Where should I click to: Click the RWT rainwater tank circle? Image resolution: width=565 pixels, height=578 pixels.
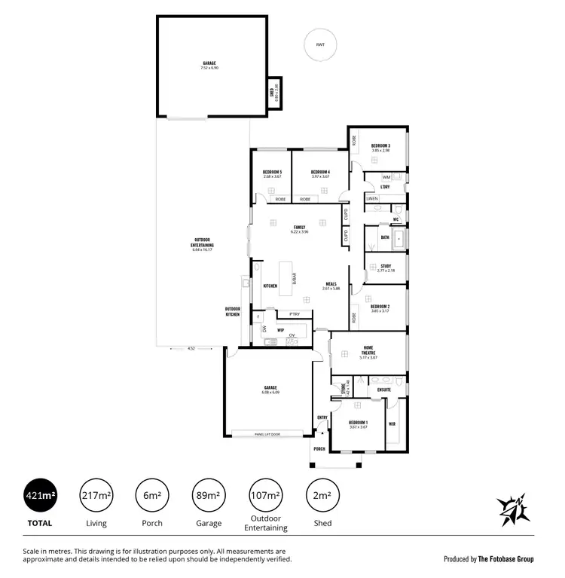(321, 46)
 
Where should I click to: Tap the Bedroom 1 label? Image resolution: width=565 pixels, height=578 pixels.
(358, 423)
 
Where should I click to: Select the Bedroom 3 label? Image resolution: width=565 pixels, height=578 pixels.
(380, 145)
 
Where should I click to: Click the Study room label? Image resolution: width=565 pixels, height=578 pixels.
(385, 265)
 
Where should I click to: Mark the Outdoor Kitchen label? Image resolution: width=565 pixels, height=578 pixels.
(232, 311)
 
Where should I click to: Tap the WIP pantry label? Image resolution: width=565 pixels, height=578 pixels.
(279, 329)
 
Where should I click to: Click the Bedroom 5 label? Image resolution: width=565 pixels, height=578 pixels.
(272, 172)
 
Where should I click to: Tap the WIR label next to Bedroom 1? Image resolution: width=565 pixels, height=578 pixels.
(392, 424)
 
